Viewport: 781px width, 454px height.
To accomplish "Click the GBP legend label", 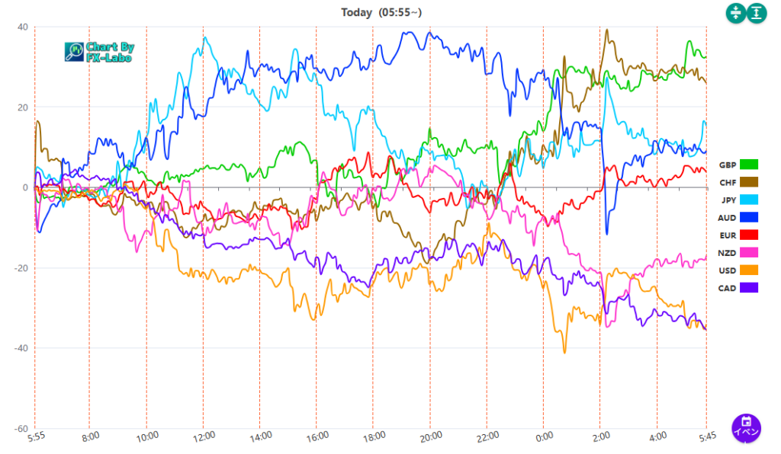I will tap(727, 165).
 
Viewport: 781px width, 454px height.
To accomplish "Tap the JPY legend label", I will tap(728, 200).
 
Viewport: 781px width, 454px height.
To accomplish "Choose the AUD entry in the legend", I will tap(728, 218).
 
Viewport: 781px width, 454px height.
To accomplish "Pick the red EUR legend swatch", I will tap(747, 235).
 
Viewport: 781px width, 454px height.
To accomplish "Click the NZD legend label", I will tap(728, 253).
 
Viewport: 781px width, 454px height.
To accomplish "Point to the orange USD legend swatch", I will tap(747, 270).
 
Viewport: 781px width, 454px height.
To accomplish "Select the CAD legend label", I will tap(728, 288).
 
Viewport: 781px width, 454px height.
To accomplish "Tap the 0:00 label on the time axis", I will tap(545, 436).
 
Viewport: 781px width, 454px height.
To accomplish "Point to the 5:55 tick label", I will tap(37, 436).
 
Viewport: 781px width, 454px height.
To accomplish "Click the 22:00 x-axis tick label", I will tap(487, 436).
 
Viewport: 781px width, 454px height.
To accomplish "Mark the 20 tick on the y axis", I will tap(22, 107).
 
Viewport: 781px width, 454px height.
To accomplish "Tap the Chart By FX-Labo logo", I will tap(99, 51).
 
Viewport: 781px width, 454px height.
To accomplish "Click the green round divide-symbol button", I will tap(735, 13).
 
